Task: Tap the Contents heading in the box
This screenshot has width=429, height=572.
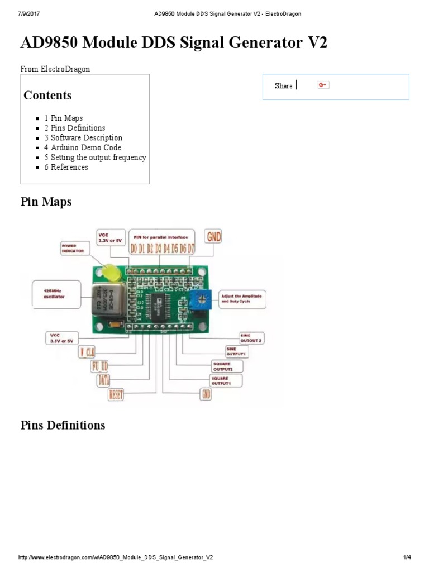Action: [x=47, y=95]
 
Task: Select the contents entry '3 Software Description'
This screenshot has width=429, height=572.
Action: [x=83, y=138]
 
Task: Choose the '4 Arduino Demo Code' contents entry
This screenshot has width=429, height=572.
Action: [x=83, y=147]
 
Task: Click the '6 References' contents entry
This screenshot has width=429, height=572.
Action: [x=66, y=167]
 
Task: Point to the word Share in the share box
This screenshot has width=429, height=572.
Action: [x=283, y=86]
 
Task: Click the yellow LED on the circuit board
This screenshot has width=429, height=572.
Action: [x=110, y=273]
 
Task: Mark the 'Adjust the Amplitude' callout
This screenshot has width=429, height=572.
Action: [x=242, y=298]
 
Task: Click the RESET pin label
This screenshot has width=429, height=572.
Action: [x=116, y=394]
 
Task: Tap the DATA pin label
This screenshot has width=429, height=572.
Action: [x=104, y=380]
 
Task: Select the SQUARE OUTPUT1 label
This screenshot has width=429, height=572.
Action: [x=226, y=380]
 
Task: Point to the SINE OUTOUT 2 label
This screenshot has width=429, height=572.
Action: [x=251, y=337]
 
